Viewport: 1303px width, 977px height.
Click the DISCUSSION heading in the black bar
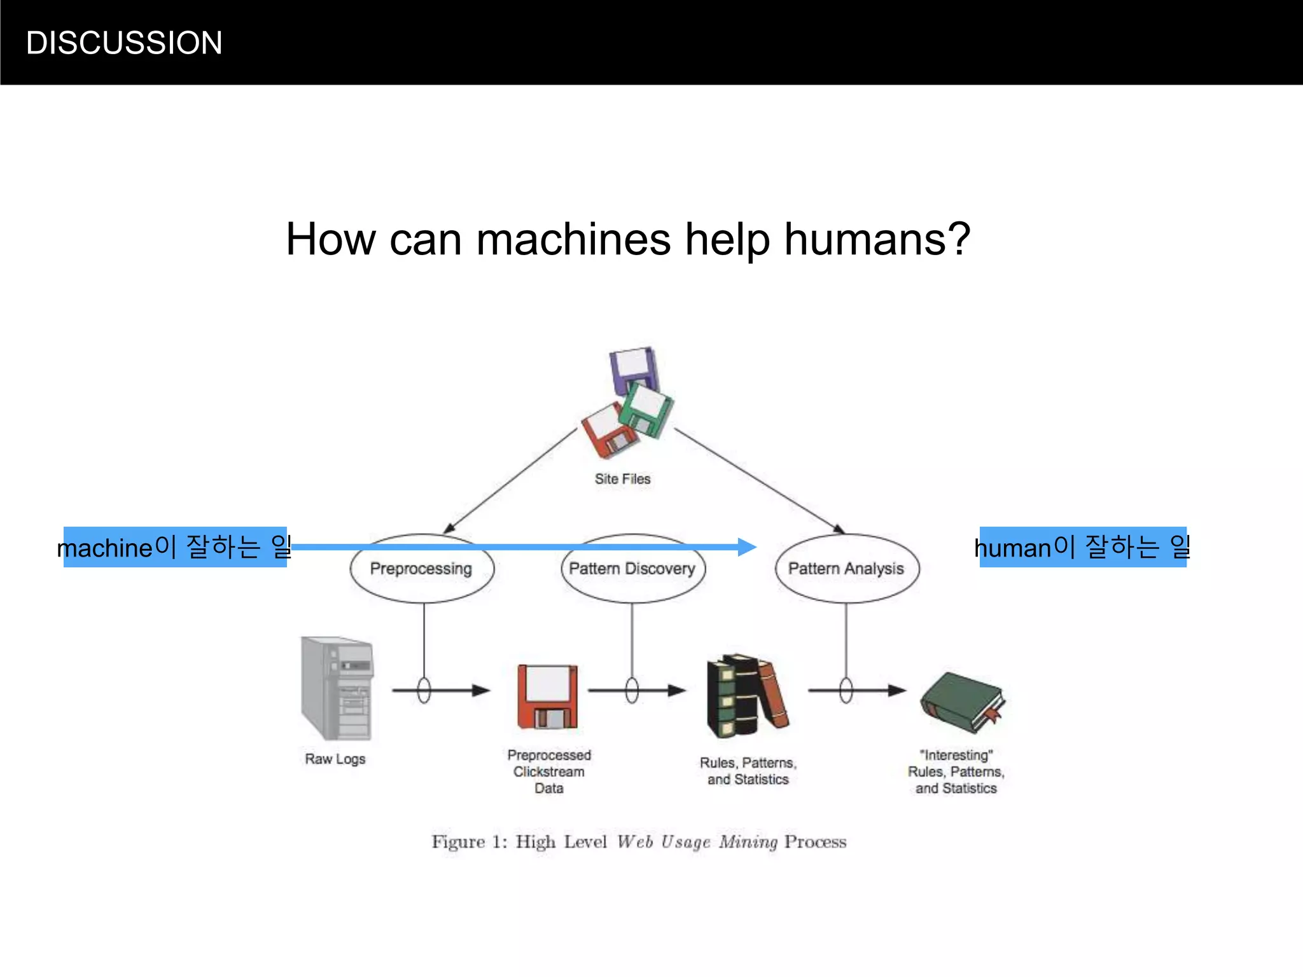(124, 43)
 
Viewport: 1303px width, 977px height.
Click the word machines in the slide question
(573, 240)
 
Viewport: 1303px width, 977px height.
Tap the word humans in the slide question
(870, 240)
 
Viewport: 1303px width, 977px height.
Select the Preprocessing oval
(421, 569)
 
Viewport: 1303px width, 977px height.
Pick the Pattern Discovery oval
(632, 569)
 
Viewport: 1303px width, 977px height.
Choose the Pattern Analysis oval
(846, 569)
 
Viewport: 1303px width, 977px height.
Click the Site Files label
(622, 479)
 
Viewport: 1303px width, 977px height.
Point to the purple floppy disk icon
(632, 368)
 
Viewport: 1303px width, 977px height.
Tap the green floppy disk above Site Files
(647, 410)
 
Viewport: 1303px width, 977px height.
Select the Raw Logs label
(335, 759)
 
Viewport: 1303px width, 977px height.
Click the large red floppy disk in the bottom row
(548, 696)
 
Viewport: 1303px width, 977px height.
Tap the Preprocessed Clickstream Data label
(548, 772)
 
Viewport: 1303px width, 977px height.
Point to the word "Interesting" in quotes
(956, 755)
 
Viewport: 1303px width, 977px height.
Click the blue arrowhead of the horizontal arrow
(747, 546)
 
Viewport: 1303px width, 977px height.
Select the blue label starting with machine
(175, 547)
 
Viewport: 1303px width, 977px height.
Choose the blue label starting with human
(1082, 547)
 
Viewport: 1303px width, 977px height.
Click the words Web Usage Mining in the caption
(697, 842)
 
